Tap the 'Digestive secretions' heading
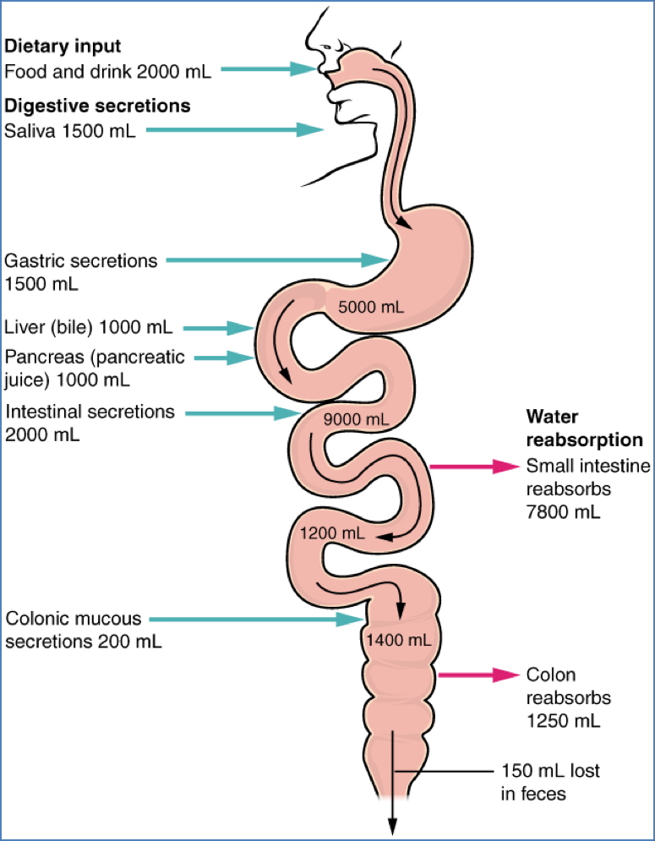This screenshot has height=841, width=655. click(x=97, y=106)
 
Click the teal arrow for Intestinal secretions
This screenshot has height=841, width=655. click(x=242, y=413)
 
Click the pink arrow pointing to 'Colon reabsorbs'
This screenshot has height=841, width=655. click(x=478, y=674)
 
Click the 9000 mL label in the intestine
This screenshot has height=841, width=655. click(x=356, y=418)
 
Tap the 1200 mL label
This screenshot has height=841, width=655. click(x=333, y=533)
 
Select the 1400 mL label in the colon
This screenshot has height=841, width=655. click(x=398, y=640)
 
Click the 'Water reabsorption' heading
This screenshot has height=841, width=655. click(x=584, y=429)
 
